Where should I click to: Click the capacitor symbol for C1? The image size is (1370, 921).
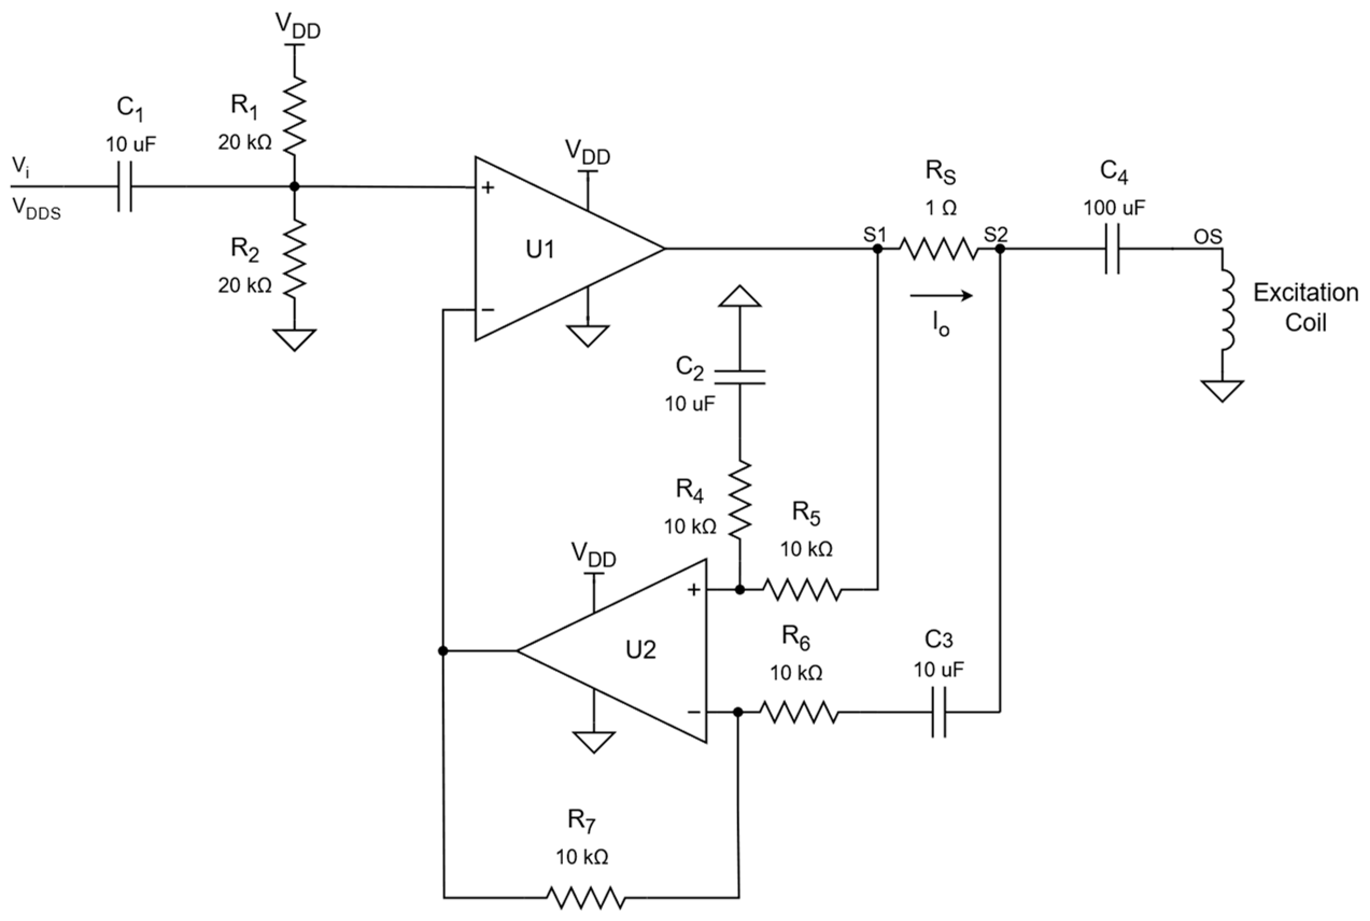point(124,187)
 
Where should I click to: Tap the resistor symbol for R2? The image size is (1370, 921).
point(295,258)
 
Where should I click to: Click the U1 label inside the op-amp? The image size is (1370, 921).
point(540,250)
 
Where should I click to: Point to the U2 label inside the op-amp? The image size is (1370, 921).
point(640,650)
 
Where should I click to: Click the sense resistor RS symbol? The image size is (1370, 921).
point(938,249)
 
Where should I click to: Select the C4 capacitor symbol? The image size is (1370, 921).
point(1112,249)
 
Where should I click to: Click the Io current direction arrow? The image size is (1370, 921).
point(941,296)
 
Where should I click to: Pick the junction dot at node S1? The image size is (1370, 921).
point(878,249)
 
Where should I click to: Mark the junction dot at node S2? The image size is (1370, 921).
point(1000,249)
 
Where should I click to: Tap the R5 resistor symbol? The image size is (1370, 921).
point(802,589)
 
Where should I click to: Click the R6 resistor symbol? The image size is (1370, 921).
point(799,712)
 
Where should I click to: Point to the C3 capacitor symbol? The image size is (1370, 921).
point(938,712)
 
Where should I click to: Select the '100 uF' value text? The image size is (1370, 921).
point(1114,208)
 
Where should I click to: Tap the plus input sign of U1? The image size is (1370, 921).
point(488,188)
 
